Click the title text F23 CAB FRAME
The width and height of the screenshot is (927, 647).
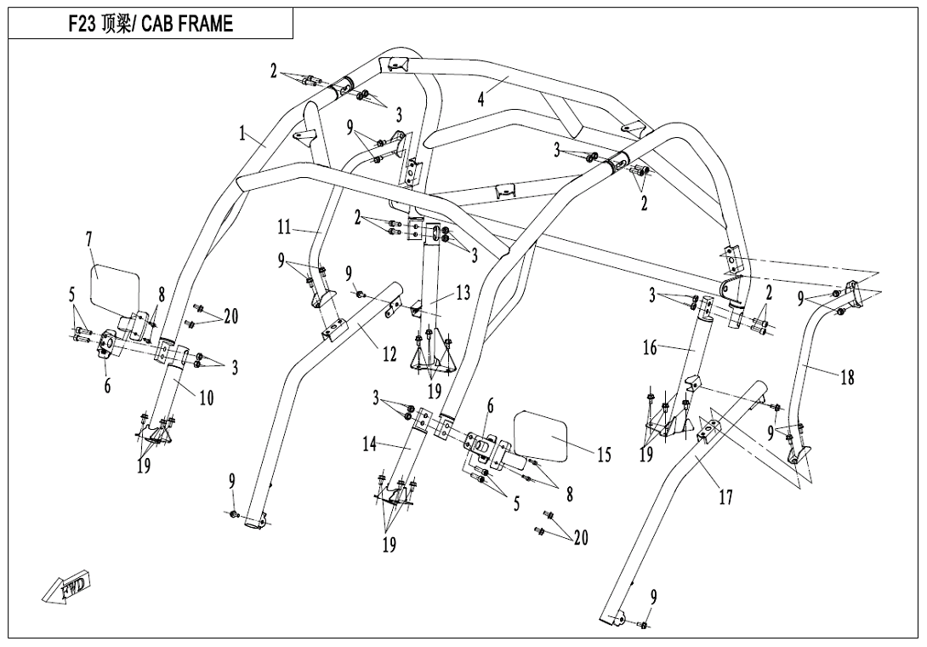coord(151,24)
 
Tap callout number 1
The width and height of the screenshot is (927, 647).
coord(242,134)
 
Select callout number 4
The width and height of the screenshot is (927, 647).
coord(481,98)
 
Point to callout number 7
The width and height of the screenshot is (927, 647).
coord(88,239)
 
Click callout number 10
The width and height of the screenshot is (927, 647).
coord(207,398)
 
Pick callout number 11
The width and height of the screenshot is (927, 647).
coord(284,228)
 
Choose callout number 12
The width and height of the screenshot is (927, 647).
coord(390,354)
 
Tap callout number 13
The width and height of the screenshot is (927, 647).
coord(463,293)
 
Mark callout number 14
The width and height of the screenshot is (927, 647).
coord(369,444)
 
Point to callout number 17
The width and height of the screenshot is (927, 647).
coord(725,497)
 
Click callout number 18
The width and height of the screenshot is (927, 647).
coord(847,377)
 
